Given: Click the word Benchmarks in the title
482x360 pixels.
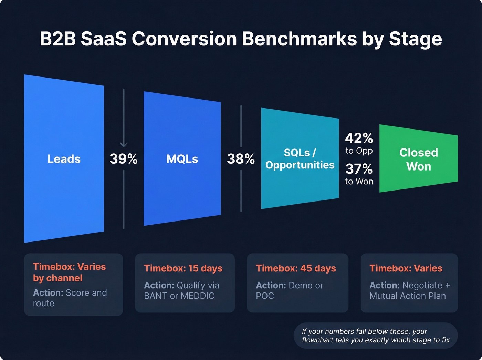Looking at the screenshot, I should click(x=299, y=39).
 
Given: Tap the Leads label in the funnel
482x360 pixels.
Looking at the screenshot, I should click(x=64, y=159).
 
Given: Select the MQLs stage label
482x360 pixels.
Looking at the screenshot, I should click(x=182, y=159).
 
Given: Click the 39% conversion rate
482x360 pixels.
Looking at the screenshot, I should click(x=124, y=159).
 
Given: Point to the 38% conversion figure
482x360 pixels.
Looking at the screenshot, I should click(x=241, y=159).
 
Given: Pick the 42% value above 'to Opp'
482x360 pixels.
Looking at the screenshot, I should click(x=359, y=138).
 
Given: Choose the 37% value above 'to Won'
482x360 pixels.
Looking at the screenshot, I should click(x=359, y=169).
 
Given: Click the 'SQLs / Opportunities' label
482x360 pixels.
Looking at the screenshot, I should click(x=300, y=159).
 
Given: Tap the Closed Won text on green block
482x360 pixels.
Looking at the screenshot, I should click(x=419, y=159).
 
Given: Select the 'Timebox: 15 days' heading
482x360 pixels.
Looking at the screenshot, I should click(x=183, y=268).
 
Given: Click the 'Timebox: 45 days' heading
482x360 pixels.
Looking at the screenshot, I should click(x=296, y=268).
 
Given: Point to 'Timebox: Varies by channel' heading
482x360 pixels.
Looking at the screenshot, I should click(x=69, y=272).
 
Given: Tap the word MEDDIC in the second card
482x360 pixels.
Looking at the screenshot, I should click(x=198, y=296).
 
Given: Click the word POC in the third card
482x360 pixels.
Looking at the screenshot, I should click(x=265, y=296).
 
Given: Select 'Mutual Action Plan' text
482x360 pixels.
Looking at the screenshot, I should click(x=408, y=296).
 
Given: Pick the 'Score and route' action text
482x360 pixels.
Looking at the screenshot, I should click(x=70, y=298).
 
